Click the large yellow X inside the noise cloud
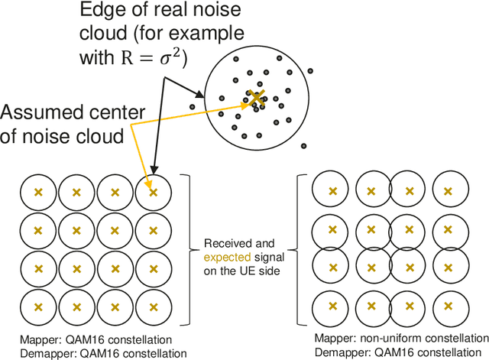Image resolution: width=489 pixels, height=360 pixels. pyautogui.click(x=257, y=98)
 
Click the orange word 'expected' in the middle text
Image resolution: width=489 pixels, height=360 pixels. pyautogui.click(x=225, y=257)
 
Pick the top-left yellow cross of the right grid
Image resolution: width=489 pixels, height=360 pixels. pyautogui.click(x=332, y=191)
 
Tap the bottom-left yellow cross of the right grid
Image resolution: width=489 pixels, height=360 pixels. pyautogui.click(x=332, y=306)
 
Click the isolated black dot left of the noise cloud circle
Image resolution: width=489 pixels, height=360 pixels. pyautogui.click(x=193, y=97)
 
